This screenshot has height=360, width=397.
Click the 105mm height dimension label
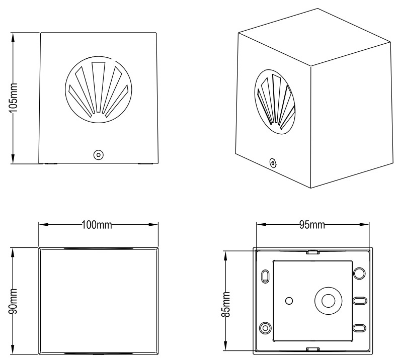(x=13, y=98)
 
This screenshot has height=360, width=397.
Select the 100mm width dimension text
(x=97, y=225)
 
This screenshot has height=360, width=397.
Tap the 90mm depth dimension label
(x=13, y=301)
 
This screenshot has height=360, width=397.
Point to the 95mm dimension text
(x=312, y=225)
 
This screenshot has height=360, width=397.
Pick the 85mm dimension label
(x=225, y=304)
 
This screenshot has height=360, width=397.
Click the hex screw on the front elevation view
(x=99, y=155)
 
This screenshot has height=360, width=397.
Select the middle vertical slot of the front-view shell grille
(x=99, y=87)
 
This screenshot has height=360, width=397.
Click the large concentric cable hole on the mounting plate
(x=328, y=301)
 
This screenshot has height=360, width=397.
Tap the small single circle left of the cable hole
(x=289, y=301)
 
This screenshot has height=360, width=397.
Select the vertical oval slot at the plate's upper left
(x=265, y=276)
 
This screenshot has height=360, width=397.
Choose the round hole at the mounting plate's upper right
(x=360, y=273)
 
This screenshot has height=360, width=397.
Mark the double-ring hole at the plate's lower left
(x=265, y=328)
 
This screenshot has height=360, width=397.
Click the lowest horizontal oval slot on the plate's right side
(x=360, y=328)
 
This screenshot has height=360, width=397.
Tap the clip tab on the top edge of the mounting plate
(x=312, y=252)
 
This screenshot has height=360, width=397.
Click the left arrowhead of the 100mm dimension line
(x=44, y=224)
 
